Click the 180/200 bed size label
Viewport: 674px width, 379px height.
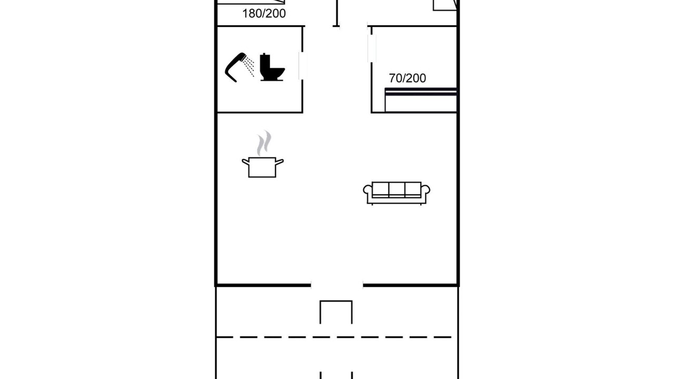click(264, 14)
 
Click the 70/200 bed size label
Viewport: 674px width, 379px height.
click(408, 78)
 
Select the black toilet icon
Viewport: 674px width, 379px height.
click(272, 67)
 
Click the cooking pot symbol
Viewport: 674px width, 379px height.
click(262, 167)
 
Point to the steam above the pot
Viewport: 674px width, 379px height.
click(264, 143)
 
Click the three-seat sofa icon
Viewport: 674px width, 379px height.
click(397, 193)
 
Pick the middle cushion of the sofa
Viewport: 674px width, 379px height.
click(397, 189)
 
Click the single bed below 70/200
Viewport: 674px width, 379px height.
click(421, 100)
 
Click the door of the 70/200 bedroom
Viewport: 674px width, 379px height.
click(372, 48)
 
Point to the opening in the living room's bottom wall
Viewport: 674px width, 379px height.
click(337, 285)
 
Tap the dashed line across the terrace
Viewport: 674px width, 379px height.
click(334, 337)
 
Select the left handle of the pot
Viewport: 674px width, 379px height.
click(245, 162)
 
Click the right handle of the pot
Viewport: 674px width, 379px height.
click(280, 162)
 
